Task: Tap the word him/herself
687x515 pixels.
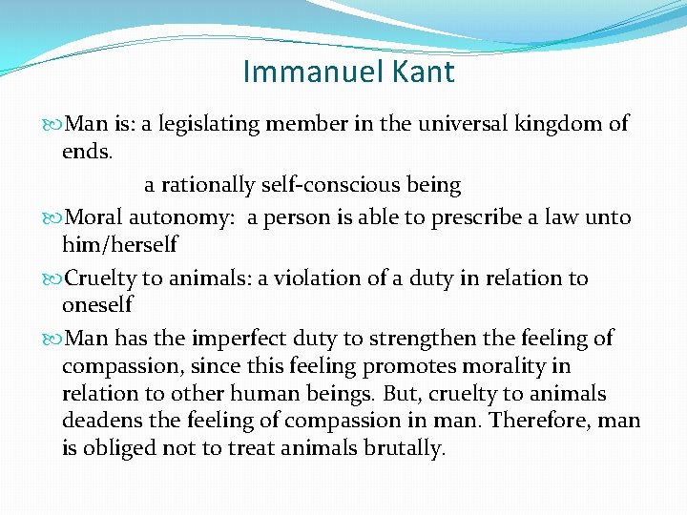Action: (119, 244)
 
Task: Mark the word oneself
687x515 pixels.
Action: (97, 305)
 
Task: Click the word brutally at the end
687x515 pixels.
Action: (405, 449)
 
